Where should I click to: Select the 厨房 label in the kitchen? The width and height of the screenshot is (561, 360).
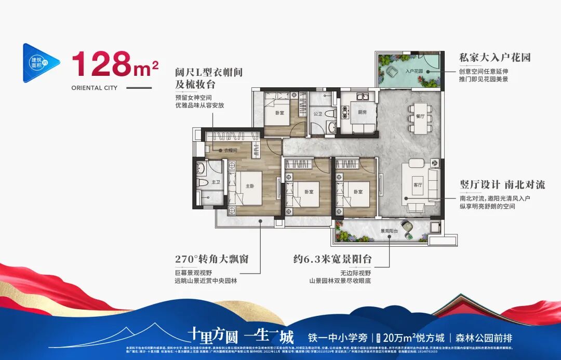362,111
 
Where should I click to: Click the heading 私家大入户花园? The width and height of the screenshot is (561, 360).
495,57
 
